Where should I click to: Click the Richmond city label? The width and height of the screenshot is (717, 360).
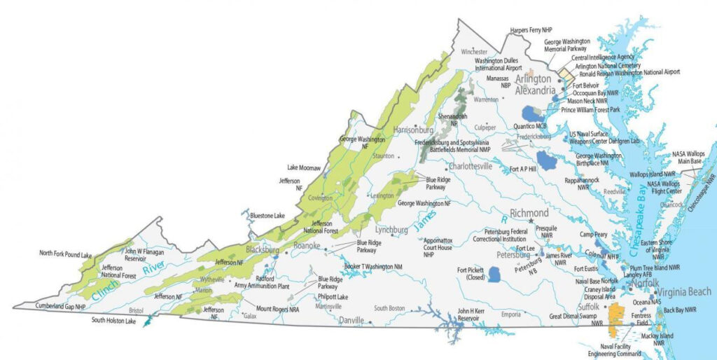529,213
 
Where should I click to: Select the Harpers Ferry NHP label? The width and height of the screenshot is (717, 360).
531,29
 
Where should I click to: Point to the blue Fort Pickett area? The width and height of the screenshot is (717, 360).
494,273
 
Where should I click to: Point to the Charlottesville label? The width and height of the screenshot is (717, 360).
471,167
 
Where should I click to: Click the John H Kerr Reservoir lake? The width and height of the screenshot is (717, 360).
445,319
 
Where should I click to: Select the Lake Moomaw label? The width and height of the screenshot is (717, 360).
304,168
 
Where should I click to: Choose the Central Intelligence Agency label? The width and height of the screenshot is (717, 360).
603,57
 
